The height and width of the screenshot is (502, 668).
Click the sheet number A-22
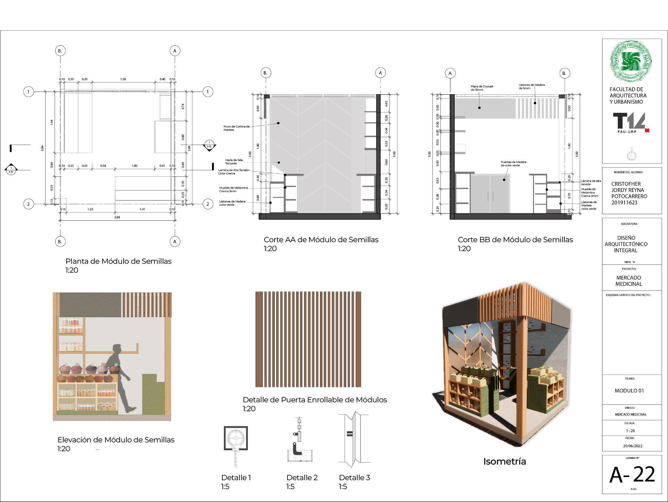[632, 475]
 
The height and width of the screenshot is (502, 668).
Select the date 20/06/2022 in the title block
[633, 446]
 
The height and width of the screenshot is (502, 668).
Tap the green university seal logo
[631, 61]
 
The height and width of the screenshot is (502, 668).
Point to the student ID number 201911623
[624, 203]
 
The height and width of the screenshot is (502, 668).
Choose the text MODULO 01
[629, 391]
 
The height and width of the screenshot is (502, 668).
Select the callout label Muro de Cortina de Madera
[236, 128]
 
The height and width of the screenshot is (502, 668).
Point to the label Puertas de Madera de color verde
[513, 164]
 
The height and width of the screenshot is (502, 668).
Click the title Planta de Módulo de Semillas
[118, 261]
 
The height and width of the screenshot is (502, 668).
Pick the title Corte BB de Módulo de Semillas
[515, 240]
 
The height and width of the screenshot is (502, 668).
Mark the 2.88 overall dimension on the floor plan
[117, 217]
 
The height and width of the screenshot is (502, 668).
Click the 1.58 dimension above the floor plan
[123, 79]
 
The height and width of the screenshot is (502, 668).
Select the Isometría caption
[504, 462]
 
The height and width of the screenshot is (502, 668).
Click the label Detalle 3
[354, 478]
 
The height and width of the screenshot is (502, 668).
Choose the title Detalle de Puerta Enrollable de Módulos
[315, 400]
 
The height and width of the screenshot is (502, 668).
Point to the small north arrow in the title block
[631, 155]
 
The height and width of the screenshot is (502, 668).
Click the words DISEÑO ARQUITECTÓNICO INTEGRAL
[626, 244]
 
